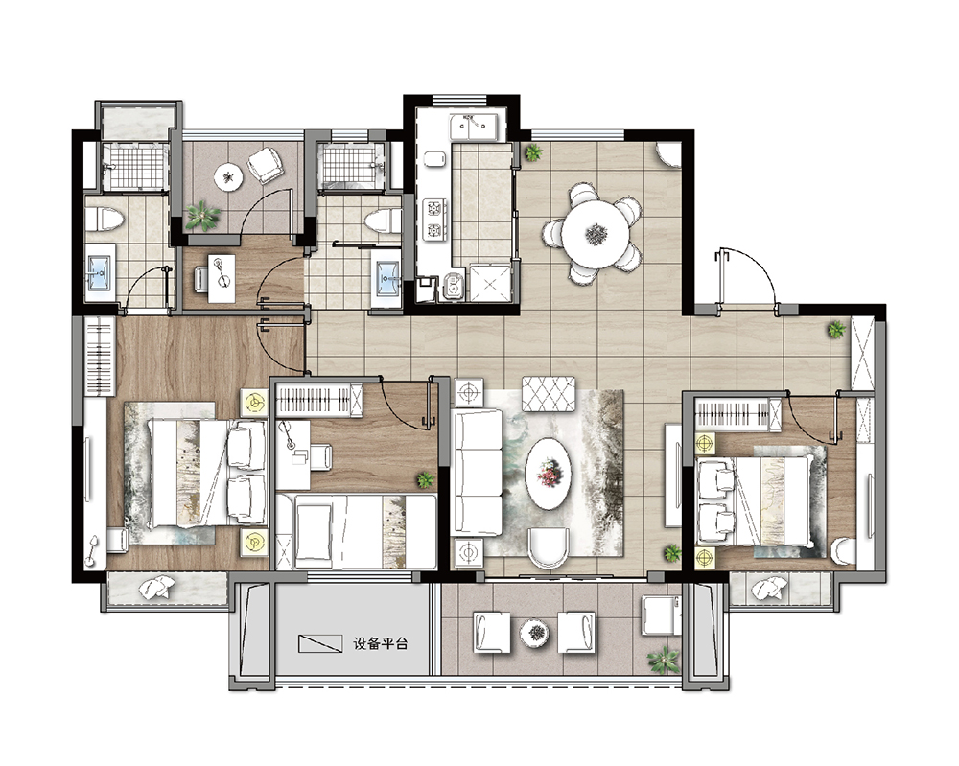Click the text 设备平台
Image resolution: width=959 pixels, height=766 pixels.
[x=381, y=643]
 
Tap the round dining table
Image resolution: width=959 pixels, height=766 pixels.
[x=596, y=233]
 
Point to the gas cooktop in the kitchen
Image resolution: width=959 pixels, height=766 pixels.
[x=433, y=220]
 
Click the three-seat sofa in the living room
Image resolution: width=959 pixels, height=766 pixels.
[x=477, y=473]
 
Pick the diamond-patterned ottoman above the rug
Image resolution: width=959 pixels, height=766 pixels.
[x=548, y=394]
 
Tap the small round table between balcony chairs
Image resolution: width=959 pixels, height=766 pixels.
[x=534, y=634]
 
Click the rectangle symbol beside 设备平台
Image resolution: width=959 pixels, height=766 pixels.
[x=320, y=643]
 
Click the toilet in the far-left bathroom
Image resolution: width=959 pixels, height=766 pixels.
[x=105, y=220]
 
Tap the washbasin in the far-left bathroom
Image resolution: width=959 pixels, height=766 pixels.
[x=99, y=271]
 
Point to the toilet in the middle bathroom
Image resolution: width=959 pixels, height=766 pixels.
[x=383, y=221]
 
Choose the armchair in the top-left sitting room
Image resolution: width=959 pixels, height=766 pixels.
[x=265, y=165]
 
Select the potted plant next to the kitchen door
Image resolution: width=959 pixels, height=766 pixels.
[x=533, y=152]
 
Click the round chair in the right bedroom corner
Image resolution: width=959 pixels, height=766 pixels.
[x=844, y=551]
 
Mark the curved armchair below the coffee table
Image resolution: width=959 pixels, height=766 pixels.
[x=549, y=547]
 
